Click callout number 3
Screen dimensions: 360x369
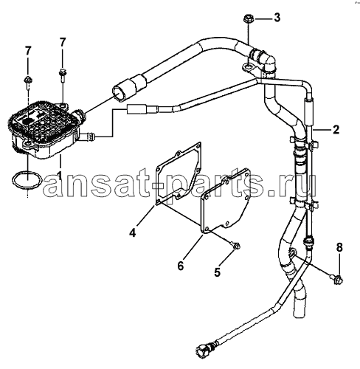click(x=277, y=18)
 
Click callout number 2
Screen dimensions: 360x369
click(x=336, y=130)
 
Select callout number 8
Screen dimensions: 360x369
click(x=339, y=248)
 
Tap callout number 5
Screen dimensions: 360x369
click(x=217, y=272)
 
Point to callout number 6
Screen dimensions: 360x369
click(x=181, y=266)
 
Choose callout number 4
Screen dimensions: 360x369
click(x=133, y=232)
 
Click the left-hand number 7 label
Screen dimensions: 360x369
click(x=28, y=51)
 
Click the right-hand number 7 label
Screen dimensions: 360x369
click(x=63, y=42)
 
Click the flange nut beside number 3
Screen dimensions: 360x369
click(x=248, y=19)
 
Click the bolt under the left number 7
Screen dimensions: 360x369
click(x=27, y=82)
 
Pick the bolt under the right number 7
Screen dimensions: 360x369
click(x=62, y=75)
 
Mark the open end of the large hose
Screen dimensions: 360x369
click(x=120, y=92)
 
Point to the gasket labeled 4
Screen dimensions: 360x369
click(x=179, y=173)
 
